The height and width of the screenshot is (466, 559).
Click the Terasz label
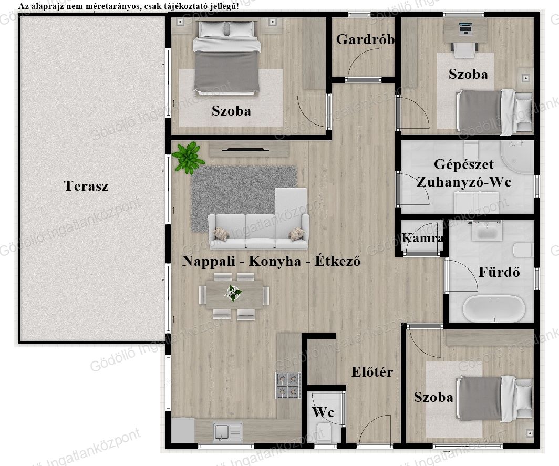[86, 186]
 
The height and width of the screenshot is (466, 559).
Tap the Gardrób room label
[366, 39]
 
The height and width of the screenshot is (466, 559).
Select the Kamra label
[423, 238]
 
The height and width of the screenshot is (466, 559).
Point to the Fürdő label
[499, 272]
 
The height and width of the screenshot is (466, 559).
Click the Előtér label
[372, 372]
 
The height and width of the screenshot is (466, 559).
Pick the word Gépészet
[464, 164]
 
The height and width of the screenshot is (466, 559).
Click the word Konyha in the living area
[275, 261]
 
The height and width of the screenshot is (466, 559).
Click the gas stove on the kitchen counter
[288, 386]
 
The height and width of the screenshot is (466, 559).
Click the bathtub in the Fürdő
[494, 308]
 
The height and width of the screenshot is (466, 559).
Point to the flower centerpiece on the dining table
[233, 292]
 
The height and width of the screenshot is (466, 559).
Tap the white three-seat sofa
[258, 231]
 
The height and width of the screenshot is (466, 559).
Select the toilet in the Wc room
[324, 432]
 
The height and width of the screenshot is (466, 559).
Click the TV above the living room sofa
[245, 150]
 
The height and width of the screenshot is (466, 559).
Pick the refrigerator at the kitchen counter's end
[183, 430]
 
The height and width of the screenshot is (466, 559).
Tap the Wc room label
[323, 412]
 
